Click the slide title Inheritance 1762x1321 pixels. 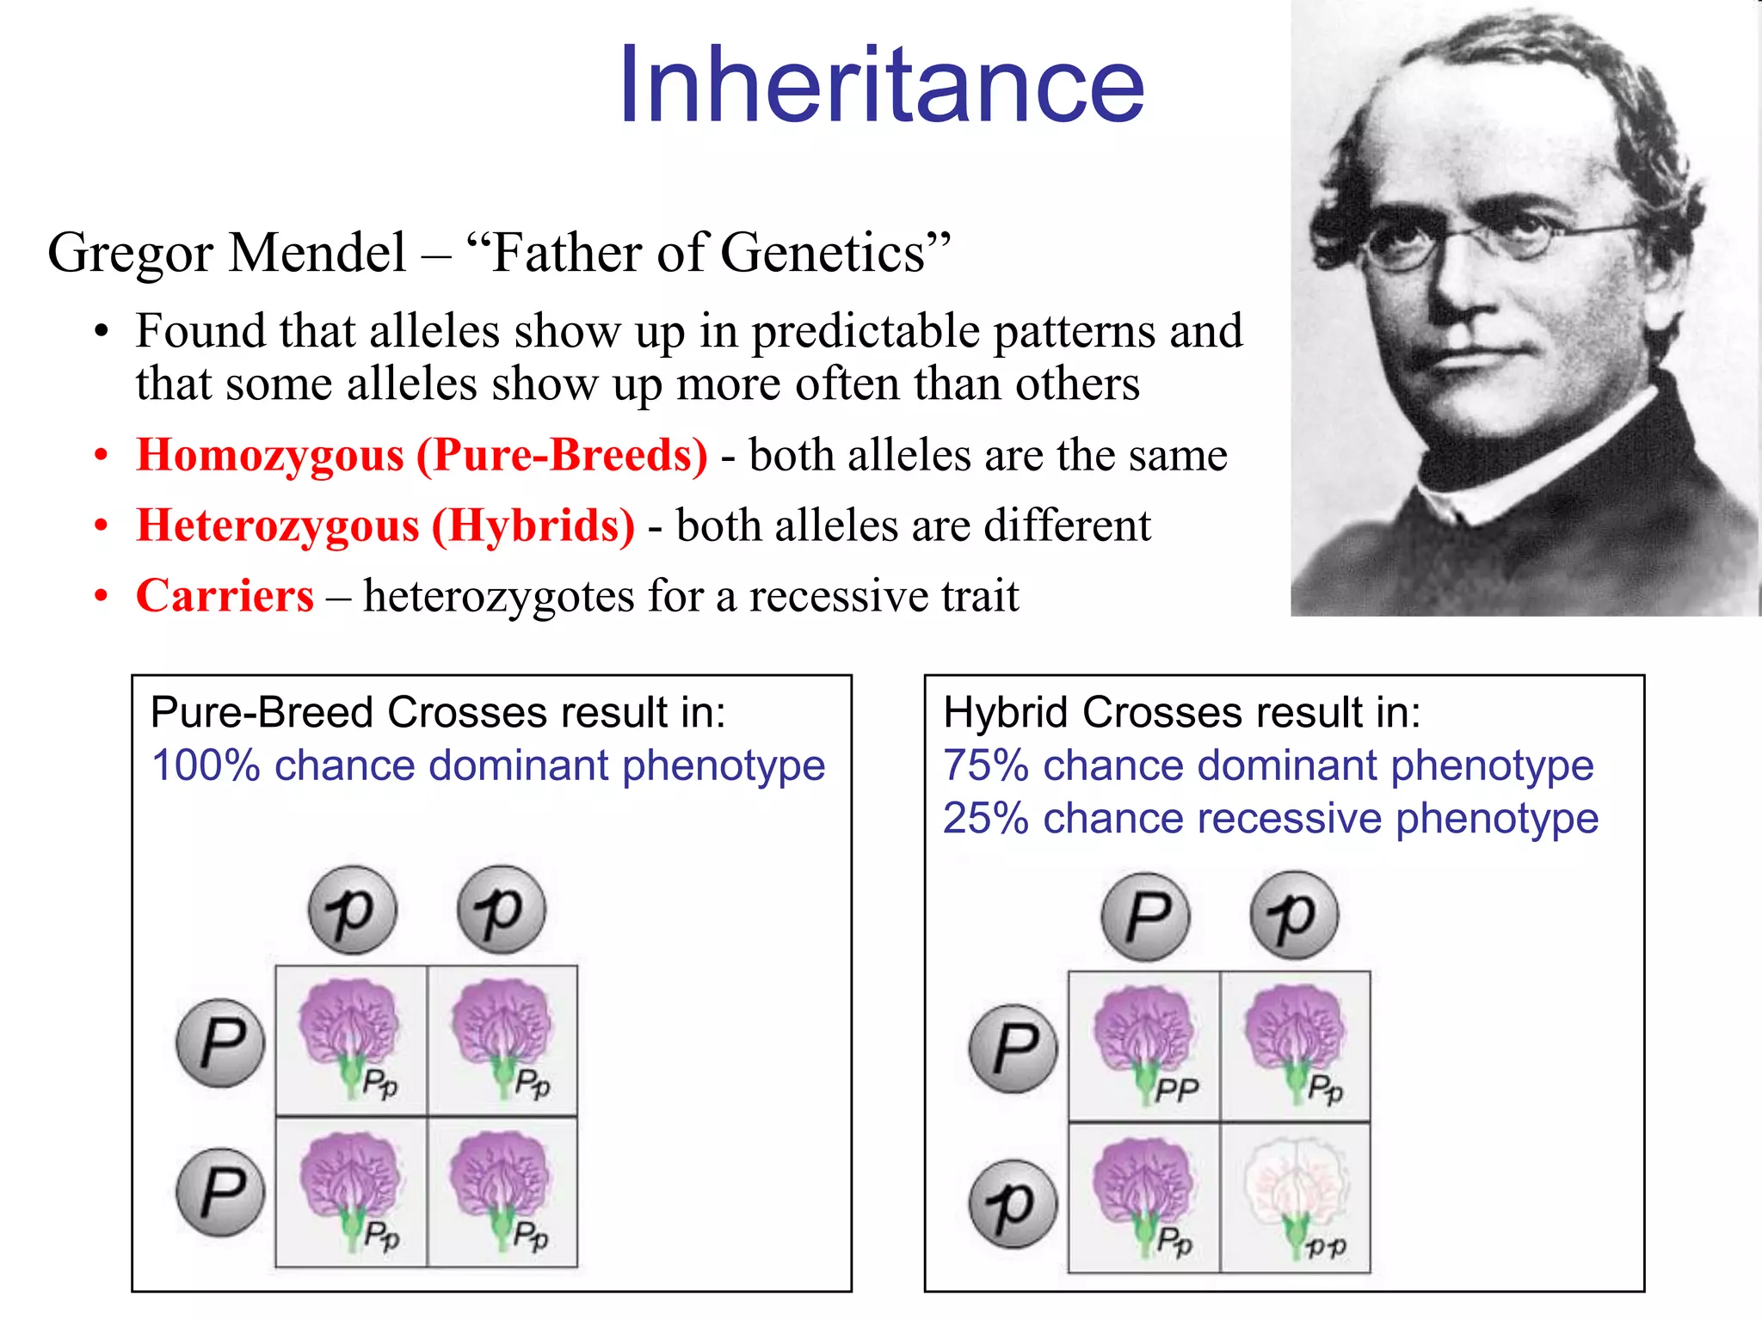(x=881, y=86)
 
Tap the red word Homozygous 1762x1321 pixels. (x=269, y=455)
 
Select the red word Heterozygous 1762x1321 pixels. (x=278, y=525)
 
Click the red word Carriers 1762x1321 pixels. (x=225, y=596)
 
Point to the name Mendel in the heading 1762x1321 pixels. (x=317, y=253)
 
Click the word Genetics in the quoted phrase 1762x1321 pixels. (x=822, y=253)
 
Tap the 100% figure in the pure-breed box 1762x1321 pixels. (x=205, y=765)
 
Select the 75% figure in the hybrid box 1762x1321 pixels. (x=986, y=765)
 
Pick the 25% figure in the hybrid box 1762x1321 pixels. (x=986, y=818)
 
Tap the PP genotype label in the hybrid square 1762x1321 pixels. (x=1176, y=1091)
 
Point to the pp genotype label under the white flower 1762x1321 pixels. (x=1326, y=1246)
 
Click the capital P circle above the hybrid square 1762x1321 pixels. (x=1146, y=917)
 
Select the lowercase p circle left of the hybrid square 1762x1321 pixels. (x=1013, y=1204)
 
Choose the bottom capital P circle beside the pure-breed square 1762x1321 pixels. (x=220, y=1192)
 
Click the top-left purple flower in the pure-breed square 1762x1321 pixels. (x=348, y=1028)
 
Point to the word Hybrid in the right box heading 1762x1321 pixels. (x=1007, y=713)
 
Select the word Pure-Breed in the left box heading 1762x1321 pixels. (x=262, y=713)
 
